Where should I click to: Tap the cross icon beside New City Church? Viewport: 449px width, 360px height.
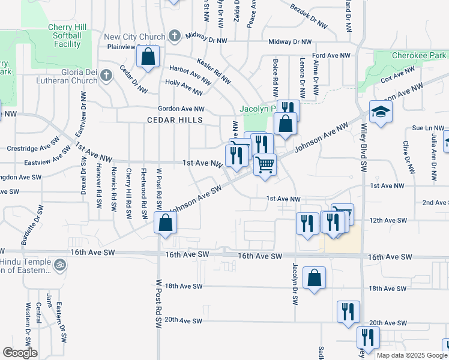pos(174,36)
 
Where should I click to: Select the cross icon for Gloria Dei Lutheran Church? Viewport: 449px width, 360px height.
pos(106,75)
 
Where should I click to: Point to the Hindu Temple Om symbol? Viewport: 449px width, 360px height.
pos(59,264)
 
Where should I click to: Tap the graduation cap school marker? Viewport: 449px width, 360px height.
pos(380,112)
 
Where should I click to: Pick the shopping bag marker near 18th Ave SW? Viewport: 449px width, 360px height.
pos(314,277)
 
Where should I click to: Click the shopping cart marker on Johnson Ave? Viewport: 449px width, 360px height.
pos(265,164)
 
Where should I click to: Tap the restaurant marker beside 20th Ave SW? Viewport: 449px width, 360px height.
pos(348,311)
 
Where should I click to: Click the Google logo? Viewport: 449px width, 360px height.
pos(20,353)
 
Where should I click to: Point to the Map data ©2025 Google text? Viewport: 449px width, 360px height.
pos(412,355)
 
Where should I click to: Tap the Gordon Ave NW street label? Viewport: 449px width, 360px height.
pos(181,109)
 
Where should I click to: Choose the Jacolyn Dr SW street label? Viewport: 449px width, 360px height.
pos(295,282)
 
